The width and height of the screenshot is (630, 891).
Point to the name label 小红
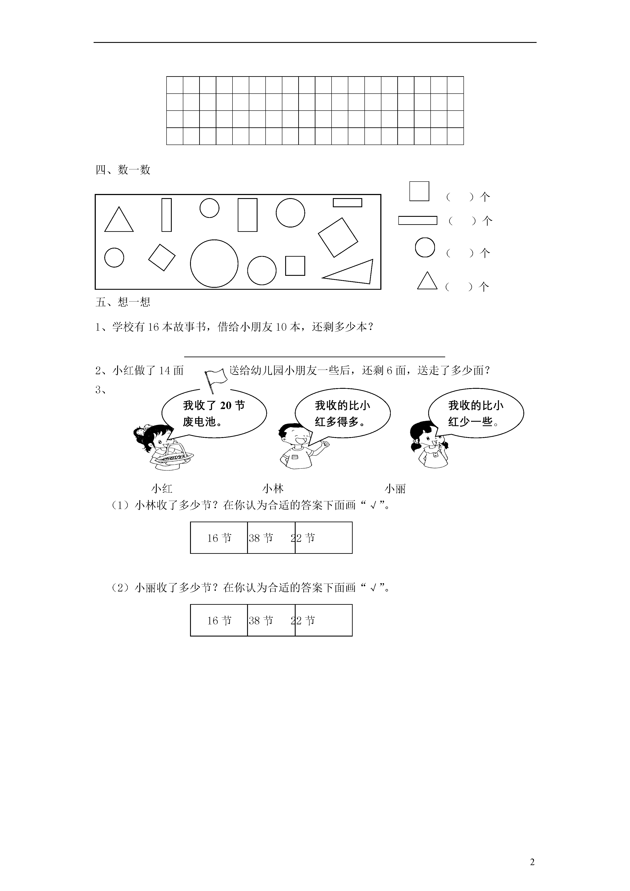tap(162, 488)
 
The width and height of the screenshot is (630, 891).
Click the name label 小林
tap(273, 488)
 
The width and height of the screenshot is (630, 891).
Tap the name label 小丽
tap(395, 488)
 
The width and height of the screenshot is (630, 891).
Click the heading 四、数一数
tap(123, 170)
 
